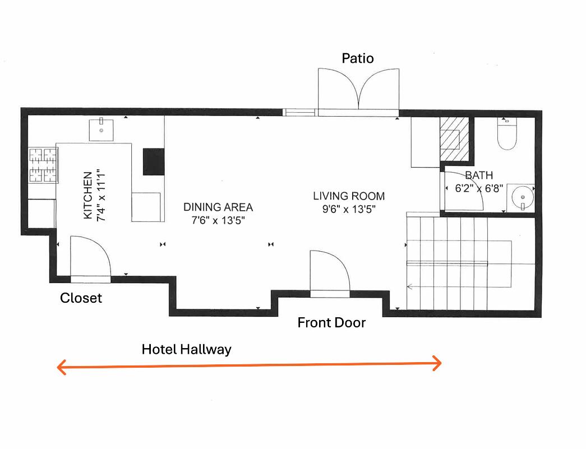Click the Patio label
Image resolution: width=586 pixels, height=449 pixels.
(358, 58)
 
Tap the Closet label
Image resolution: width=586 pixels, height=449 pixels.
(81, 298)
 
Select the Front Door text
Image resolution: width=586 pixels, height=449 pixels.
(331, 323)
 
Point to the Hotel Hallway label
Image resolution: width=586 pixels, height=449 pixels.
(187, 349)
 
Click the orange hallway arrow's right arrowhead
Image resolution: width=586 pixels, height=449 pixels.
(438, 363)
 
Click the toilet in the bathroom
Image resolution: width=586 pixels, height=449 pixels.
(507, 134)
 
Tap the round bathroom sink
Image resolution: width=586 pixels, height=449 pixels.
(523, 198)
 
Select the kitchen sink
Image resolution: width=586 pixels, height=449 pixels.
(101, 130)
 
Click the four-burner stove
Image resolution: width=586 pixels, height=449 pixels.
(43, 165)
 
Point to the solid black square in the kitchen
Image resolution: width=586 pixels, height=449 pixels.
(154, 162)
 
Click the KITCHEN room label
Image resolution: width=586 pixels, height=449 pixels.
(87, 196)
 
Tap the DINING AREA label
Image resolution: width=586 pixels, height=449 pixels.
(218, 207)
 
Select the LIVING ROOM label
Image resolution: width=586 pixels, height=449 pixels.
(349, 196)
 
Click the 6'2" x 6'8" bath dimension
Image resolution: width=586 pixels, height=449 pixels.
(479, 188)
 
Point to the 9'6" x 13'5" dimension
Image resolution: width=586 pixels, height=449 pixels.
(349, 209)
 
